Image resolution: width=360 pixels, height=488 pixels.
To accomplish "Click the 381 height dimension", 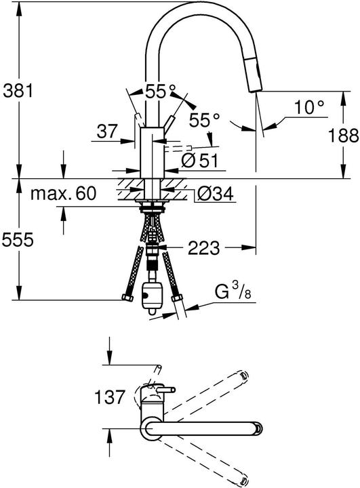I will [x=18, y=89].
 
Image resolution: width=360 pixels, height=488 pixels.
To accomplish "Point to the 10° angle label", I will [x=309, y=106].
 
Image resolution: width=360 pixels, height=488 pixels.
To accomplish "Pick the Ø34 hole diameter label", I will [x=215, y=195].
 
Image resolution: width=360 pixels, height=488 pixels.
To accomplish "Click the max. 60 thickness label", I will [x=63, y=195].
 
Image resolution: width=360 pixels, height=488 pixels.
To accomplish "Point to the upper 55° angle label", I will [x=159, y=89].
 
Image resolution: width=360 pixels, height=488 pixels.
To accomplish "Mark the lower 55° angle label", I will [x=205, y=120].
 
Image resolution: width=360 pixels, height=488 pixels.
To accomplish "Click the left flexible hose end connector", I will [x=125, y=298].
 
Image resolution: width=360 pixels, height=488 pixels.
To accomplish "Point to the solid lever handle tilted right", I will [x=168, y=124].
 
